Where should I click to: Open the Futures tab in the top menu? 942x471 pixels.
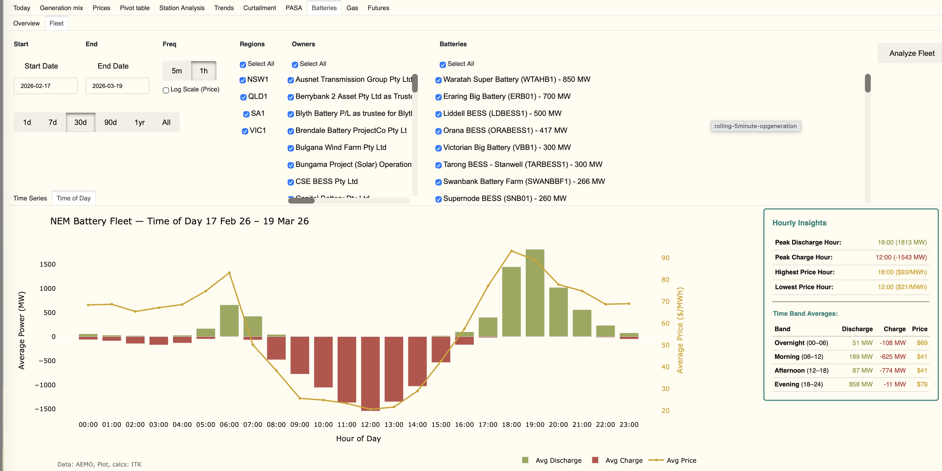pos(378,8)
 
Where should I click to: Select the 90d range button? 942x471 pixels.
pos(110,123)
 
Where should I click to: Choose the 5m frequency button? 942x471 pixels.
pos(176,71)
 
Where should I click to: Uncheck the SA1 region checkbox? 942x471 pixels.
pos(246,114)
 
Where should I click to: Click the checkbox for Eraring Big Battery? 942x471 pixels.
pos(439,97)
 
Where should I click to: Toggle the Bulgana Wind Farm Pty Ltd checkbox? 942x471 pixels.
pos(291,148)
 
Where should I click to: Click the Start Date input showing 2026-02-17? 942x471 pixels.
pos(46,86)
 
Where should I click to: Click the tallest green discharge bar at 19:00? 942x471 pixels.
pos(535,293)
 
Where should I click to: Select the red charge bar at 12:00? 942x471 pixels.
pos(370,373)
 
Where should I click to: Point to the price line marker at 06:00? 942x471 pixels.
pos(229,273)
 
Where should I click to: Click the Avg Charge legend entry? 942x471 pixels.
pos(624,460)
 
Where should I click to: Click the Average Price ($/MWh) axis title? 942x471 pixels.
pos(680,330)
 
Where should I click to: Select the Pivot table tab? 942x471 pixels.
pos(134,8)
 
